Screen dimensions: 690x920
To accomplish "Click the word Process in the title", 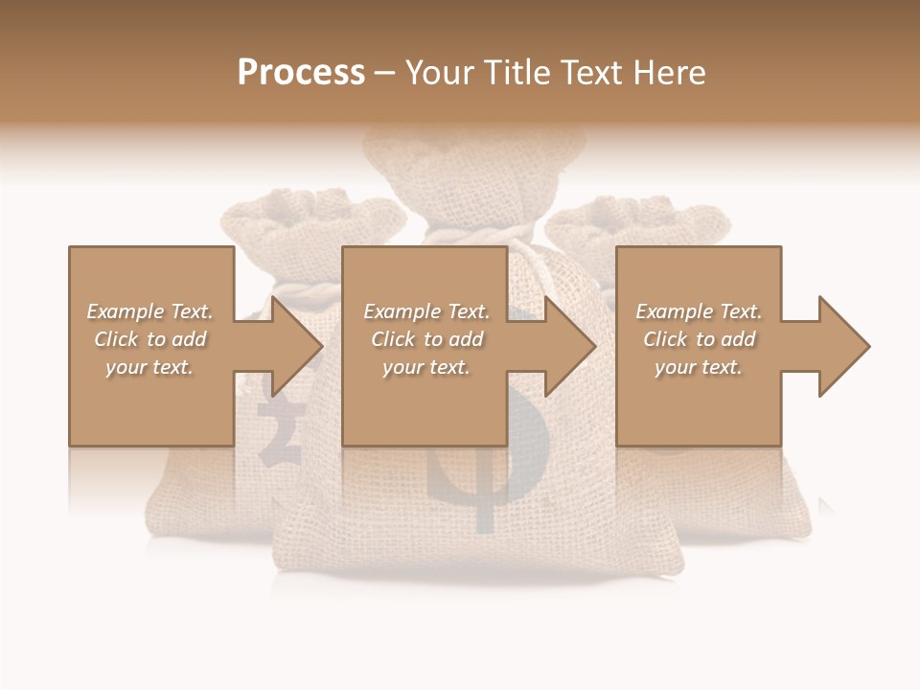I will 301,73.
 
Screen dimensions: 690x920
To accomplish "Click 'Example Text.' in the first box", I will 149,311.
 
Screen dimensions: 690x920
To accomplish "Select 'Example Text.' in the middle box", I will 426,311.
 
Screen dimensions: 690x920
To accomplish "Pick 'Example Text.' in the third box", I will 699,311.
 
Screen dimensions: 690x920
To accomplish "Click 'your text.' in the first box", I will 149,367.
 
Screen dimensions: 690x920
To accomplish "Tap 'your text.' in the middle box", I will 426,367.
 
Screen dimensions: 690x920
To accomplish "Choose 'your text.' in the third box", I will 699,367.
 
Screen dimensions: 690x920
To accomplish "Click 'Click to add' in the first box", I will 149,339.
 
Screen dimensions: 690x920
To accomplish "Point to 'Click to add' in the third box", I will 699,339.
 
